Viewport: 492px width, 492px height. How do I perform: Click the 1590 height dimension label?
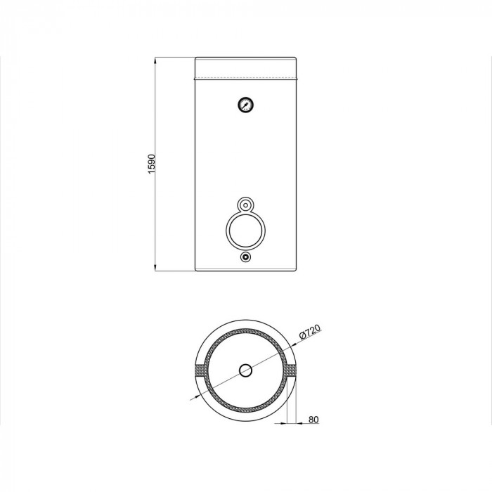tap(152, 164)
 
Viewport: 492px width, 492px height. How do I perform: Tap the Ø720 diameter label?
tap(310, 332)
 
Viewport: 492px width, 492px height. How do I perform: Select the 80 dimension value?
tap(313, 419)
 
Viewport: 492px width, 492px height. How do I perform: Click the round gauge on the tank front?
tap(245, 105)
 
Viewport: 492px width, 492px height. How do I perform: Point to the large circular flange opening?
tap(245, 231)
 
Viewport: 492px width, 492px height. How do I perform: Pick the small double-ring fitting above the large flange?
tap(245, 205)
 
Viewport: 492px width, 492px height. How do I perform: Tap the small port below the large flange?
tap(245, 257)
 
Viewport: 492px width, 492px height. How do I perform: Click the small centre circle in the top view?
tap(245, 370)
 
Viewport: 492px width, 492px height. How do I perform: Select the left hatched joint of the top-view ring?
tap(201, 370)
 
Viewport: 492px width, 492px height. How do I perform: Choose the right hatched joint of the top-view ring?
tap(290, 370)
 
